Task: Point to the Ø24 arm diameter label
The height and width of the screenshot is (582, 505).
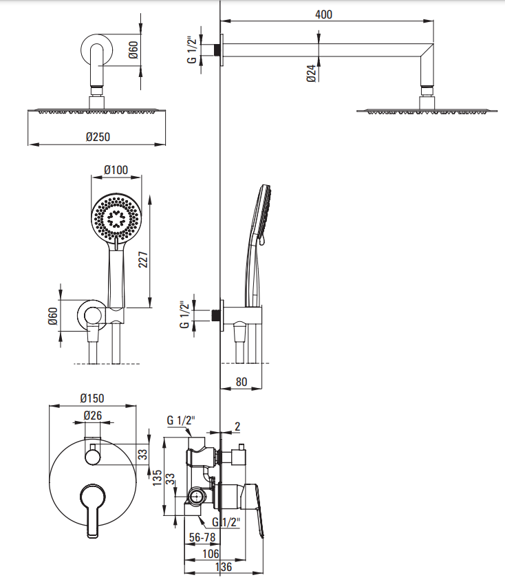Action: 311,74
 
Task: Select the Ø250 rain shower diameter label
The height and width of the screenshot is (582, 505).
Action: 98,137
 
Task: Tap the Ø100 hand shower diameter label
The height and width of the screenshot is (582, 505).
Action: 116,169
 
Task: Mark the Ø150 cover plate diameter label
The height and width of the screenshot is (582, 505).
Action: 92,398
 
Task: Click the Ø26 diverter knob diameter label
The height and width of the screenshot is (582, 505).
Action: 92,416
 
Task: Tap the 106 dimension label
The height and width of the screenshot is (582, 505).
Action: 211,553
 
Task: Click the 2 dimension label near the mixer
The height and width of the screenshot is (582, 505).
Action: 237,427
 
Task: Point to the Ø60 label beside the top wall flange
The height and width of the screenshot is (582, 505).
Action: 133,51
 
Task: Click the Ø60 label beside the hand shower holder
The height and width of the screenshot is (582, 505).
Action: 52,316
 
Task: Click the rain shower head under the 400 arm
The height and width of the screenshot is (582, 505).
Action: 427,110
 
